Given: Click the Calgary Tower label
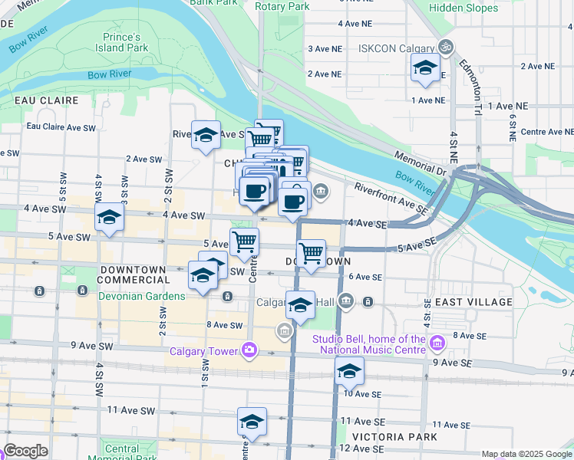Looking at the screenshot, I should (203, 352).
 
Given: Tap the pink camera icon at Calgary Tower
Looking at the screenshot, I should (249, 351).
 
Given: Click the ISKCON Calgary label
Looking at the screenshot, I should (397, 48).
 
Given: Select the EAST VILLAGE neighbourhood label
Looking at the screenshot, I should (473, 302).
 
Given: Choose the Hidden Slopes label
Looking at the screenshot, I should (463, 8).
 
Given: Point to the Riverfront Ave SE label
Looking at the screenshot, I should (389, 197).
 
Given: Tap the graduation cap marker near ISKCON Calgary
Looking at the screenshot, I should (424, 69).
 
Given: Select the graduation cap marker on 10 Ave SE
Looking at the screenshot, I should (349, 371).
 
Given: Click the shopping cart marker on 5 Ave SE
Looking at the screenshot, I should (311, 252).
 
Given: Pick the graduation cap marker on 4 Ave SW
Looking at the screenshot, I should (109, 217).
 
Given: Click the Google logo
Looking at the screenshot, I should (25, 450).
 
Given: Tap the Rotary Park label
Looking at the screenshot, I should (282, 6).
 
